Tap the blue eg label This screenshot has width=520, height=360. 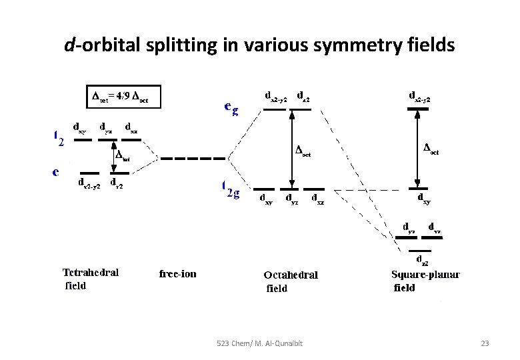230,109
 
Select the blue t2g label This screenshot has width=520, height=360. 230,189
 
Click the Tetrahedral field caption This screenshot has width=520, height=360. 91,279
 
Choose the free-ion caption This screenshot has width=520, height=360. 178,273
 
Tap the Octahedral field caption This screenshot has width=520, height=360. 290,281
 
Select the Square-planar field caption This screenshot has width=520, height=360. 425,281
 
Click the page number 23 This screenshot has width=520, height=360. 485,343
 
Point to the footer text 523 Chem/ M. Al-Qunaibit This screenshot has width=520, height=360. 260,343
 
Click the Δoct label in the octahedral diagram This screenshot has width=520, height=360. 303,151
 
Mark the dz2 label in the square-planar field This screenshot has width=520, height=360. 422,259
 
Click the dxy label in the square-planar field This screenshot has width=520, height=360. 423,198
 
